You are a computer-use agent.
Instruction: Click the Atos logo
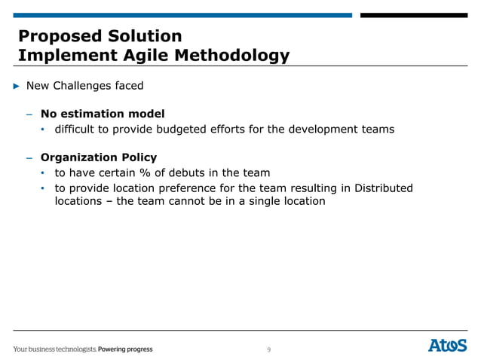pos(447,346)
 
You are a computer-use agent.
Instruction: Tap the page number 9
pos(268,349)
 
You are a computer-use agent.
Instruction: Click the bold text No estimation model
pos(103,114)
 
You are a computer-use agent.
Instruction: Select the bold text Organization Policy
pos(99,158)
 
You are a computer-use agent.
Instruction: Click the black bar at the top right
pos(413,15)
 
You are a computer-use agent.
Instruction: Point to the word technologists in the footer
pos(75,349)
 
